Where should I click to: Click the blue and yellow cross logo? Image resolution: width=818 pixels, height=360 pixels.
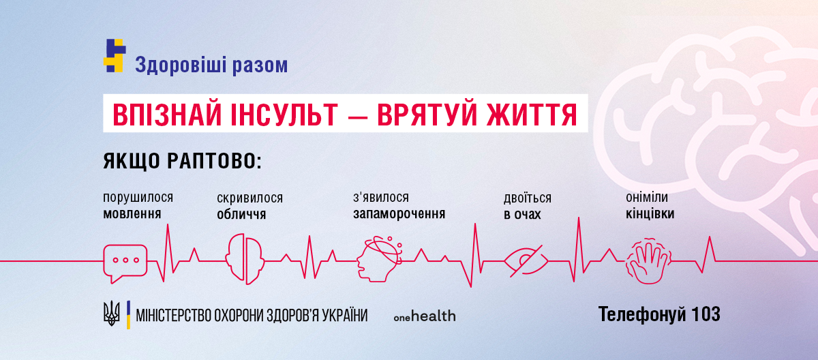click(x=115, y=56)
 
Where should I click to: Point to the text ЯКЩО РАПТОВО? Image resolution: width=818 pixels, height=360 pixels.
click(x=182, y=162)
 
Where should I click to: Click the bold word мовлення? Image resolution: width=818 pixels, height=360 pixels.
click(x=132, y=213)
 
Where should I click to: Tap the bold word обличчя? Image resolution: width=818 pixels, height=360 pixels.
click(x=241, y=214)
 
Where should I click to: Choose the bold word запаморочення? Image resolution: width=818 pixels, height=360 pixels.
click(x=399, y=213)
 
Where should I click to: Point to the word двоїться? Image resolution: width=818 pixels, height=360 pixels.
click(x=527, y=198)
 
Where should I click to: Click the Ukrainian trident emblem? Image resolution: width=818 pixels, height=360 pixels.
click(x=110, y=314)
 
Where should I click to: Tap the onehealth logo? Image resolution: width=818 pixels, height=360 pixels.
click(x=425, y=316)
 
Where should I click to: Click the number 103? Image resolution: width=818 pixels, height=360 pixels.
click(x=705, y=314)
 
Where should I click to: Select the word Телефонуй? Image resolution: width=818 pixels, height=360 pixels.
click(x=641, y=314)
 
